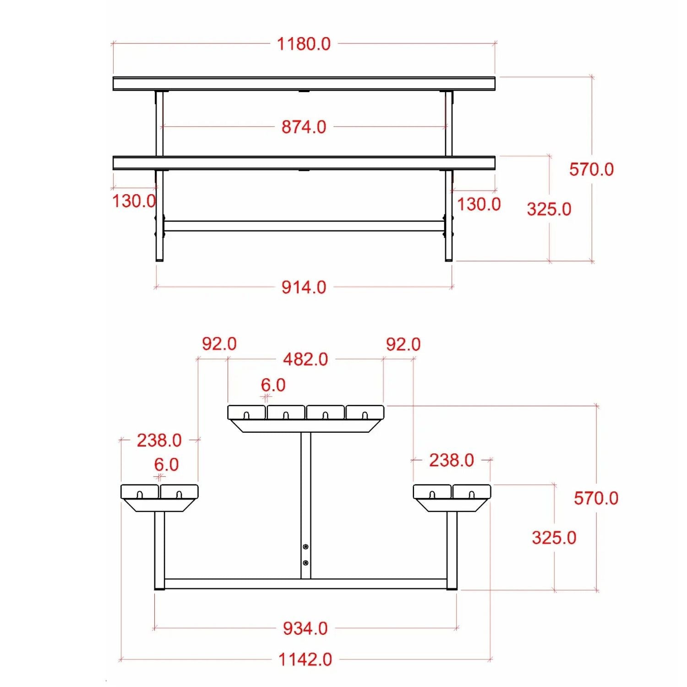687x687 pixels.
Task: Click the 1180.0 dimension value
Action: click(304, 44)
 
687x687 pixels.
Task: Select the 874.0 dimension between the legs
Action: click(304, 127)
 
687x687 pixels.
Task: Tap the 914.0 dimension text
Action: click(304, 287)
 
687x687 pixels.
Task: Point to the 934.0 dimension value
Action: click(305, 628)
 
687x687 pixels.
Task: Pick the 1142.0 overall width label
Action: click(305, 660)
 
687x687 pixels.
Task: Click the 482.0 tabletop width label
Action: click(305, 360)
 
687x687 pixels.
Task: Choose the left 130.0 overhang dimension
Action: click(134, 201)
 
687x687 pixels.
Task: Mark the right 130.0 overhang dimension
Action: click(479, 204)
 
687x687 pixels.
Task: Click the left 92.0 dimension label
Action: click(219, 344)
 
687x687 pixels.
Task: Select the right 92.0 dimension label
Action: click(403, 344)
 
